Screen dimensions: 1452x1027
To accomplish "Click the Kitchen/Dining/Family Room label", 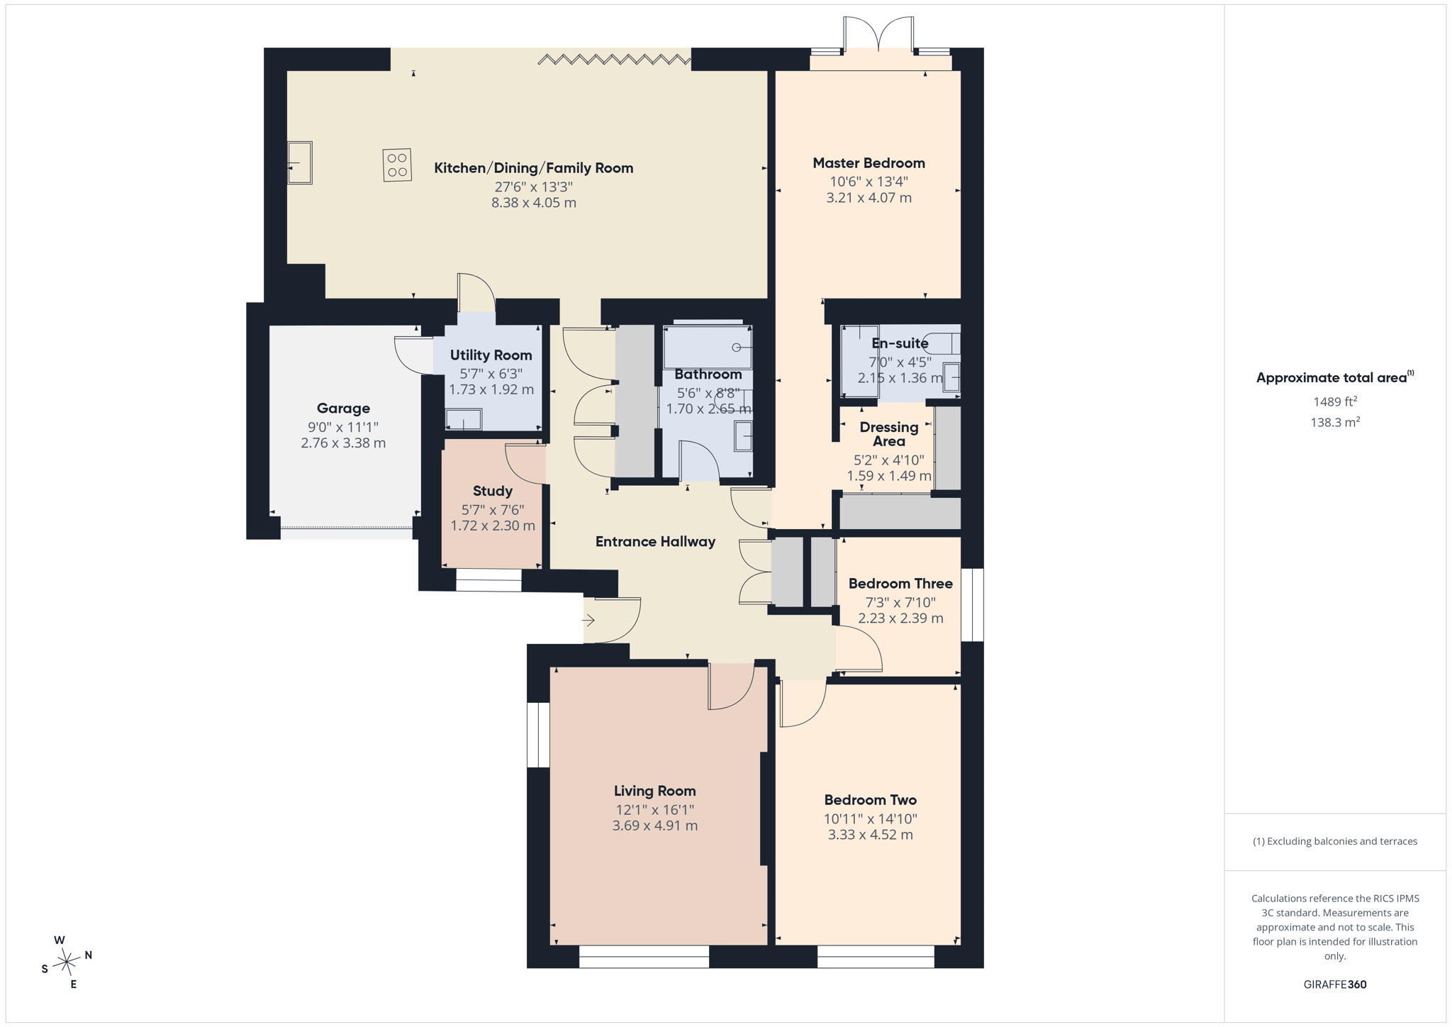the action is [x=533, y=168].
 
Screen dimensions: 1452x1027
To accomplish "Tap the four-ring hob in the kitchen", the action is [x=397, y=165].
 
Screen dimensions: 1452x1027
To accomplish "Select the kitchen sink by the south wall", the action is [x=300, y=162].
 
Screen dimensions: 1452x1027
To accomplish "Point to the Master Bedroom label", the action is [x=869, y=163].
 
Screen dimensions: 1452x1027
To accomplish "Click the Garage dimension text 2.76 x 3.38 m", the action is [x=343, y=443].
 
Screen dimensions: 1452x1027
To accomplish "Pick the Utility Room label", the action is [x=491, y=355].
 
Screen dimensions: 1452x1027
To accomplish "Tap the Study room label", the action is [x=493, y=491].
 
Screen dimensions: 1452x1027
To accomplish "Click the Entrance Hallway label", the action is [x=655, y=542].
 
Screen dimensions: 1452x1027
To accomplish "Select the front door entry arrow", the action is [x=588, y=620].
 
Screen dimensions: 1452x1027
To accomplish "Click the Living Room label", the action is [x=654, y=791].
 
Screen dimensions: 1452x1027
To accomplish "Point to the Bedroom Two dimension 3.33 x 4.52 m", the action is [x=870, y=835].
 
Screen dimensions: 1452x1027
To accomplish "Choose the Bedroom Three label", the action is [x=900, y=584].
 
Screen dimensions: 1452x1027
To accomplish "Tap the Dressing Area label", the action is [x=888, y=433].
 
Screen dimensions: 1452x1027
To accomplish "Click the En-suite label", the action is [x=900, y=343].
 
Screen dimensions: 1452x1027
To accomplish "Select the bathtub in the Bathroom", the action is [x=708, y=347].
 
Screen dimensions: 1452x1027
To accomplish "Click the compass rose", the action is [x=66, y=962].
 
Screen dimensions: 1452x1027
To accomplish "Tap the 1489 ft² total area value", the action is [x=1335, y=401].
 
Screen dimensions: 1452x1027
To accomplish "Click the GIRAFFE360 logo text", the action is [x=1335, y=984].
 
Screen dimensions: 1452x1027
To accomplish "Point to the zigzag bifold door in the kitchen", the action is [x=614, y=60].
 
